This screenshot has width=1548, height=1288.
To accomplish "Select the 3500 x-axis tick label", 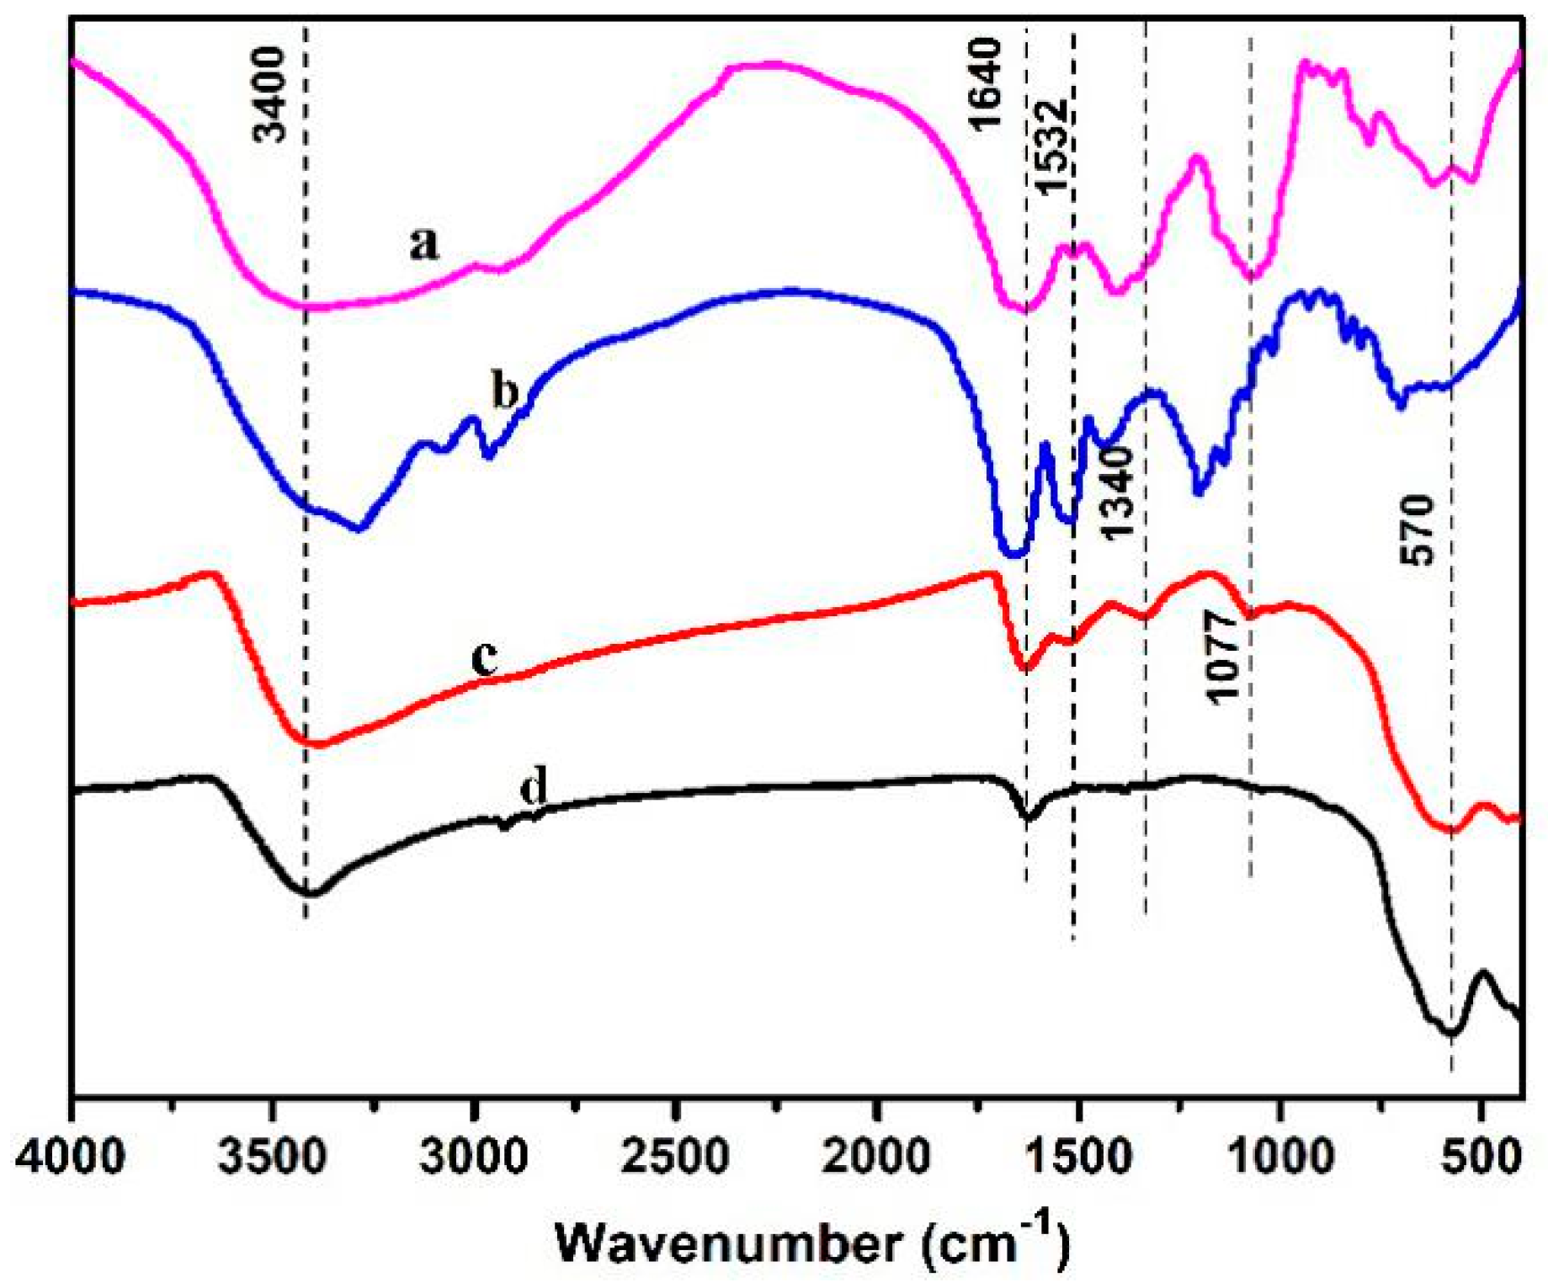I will (x=273, y=1158).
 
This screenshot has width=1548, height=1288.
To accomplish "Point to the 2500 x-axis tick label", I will (x=675, y=1158).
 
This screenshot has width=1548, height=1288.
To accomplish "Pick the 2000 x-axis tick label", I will (x=876, y=1158).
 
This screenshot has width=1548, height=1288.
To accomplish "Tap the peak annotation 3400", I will (x=271, y=94).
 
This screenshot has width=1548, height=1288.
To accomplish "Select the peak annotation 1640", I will (x=987, y=84).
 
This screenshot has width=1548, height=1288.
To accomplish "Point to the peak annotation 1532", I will (x=1052, y=147).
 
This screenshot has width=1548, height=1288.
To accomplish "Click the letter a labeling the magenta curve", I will (x=424, y=245).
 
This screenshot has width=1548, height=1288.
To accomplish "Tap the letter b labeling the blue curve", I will (x=504, y=391).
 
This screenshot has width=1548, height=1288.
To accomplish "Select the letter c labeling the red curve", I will (x=484, y=657).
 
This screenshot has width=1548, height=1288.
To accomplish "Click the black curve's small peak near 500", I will (x=1483, y=973).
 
